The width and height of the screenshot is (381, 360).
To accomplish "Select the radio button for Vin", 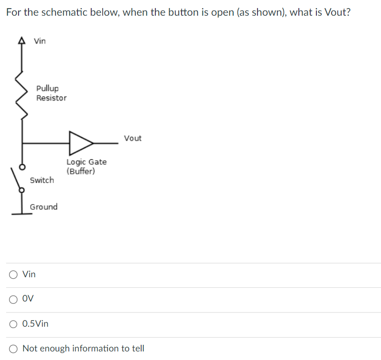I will click(13, 274).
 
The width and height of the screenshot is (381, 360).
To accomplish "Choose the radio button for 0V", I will click(13, 299).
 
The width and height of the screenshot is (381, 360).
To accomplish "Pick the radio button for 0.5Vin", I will click(13, 324).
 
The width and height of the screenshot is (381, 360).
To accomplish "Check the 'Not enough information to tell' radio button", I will click(13, 349).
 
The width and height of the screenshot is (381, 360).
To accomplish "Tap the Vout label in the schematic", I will click(133, 138).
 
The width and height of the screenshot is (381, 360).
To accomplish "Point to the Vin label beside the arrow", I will click(40, 41).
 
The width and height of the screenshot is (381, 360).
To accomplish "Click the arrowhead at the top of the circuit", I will click(21, 41).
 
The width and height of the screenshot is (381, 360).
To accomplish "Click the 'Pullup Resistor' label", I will click(51, 93).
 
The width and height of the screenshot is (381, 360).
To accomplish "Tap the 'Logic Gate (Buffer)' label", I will click(86, 166).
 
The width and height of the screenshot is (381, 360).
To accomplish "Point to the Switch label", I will click(42, 180).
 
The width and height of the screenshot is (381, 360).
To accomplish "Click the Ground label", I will click(44, 207).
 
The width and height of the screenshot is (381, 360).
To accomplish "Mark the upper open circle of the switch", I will click(21, 167).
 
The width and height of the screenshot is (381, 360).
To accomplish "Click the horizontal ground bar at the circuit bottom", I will click(21, 214).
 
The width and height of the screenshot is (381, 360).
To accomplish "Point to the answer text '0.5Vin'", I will click(35, 324).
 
